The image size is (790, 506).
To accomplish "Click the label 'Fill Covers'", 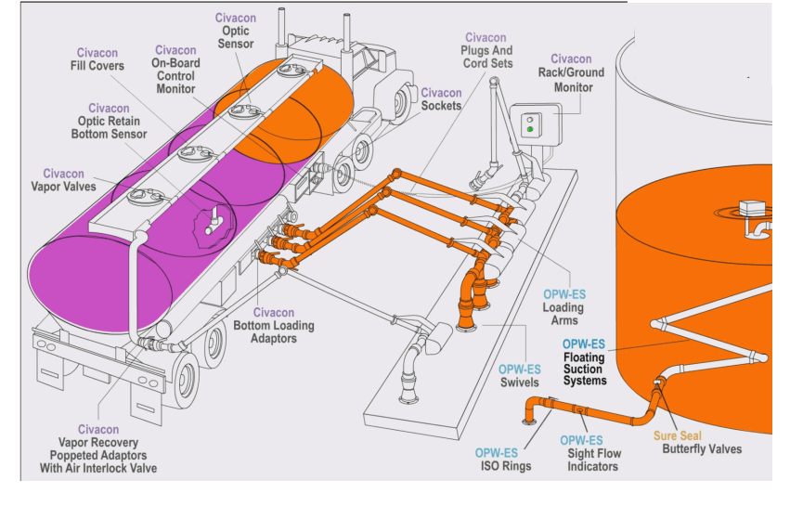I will (99, 66).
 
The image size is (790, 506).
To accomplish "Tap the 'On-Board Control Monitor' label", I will (175, 76).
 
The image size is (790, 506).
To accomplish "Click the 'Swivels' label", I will (520, 383).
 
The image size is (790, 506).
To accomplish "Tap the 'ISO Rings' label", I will (503, 466).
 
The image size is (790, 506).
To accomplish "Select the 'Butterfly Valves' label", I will (702, 449).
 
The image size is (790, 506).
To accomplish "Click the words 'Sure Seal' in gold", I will (678, 435).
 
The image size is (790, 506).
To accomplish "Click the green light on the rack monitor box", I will (530, 130).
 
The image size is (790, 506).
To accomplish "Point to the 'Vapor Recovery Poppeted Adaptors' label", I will (105, 455).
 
